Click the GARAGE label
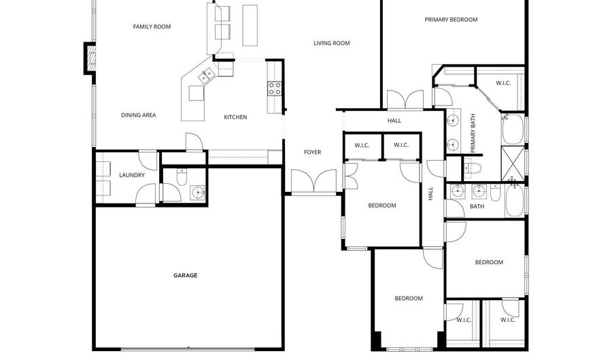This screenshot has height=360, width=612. (x=185, y=276)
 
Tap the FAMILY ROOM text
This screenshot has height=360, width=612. (x=152, y=27)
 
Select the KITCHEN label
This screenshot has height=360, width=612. (x=235, y=117)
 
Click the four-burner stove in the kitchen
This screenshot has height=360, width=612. (x=275, y=88)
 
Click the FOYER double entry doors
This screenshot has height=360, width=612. (x=313, y=182)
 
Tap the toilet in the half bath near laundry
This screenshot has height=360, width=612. (x=181, y=177)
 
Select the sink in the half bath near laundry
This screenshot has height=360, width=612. (x=198, y=193)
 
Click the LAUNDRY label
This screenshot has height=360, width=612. (x=131, y=176)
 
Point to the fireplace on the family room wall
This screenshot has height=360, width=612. (x=89, y=58)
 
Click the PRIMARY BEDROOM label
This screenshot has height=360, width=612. (x=451, y=20)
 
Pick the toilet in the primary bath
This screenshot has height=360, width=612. (x=474, y=166)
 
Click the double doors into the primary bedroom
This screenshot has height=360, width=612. (x=405, y=100)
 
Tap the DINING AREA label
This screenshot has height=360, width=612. (x=139, y=116)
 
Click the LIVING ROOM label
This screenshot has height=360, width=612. (x=331, y=44)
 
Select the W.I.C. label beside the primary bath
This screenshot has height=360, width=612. (x=503, y=83)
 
